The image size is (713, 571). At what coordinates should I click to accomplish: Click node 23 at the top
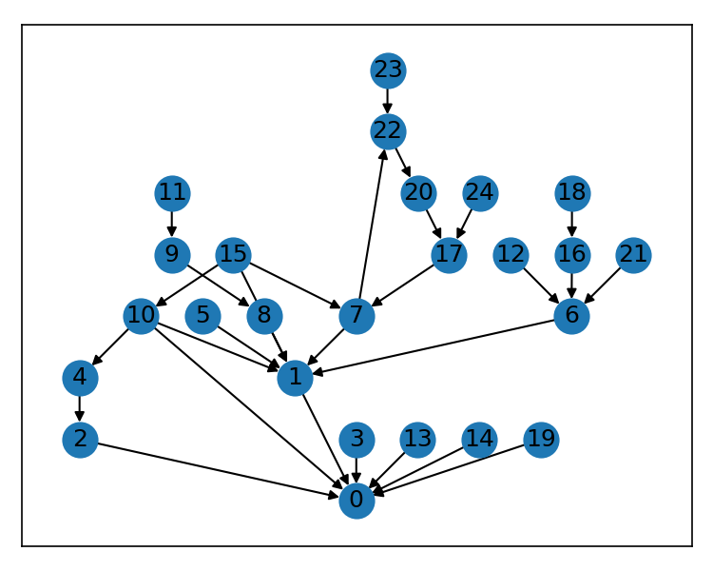pyautogui.click(x=388, y=69)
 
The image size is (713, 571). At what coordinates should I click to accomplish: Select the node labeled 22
pyautogui.click(x=388, y=130)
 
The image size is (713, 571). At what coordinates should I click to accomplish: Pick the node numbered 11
pyautogui.click(x=172, y=193)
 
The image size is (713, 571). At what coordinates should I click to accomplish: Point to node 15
pyautogui.click(x=233, y=254)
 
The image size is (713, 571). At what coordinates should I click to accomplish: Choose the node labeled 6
pyautogui.click(x=571, y=316)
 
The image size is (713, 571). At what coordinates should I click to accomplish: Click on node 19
pyautogui.click(x=541, y=439)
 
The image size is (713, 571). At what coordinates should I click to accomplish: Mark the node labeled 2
pyautogui.click(x=80, y=439)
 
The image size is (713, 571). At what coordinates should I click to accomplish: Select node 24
pyautogui.click(x=480, y=193)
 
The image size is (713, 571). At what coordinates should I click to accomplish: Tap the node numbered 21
pyautogui.click(x=632, y=254)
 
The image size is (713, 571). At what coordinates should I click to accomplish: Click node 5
pyautogui.click(x=202, y=316)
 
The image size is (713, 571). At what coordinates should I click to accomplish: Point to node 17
pyautogui.click(x=449, y=254)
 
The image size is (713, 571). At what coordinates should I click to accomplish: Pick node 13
pyautogui.click(x=417, y=439)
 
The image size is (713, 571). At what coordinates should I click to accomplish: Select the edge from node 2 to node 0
pyautogui.click(x=219, y=470)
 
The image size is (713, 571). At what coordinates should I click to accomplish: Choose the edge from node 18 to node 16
pyautogui.click(x=571, y=224)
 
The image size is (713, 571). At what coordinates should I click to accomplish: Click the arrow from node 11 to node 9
pyautogui.click(x=172, y=224)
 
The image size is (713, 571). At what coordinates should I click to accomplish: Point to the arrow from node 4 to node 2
pyautogui.click(x=80, y=408)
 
